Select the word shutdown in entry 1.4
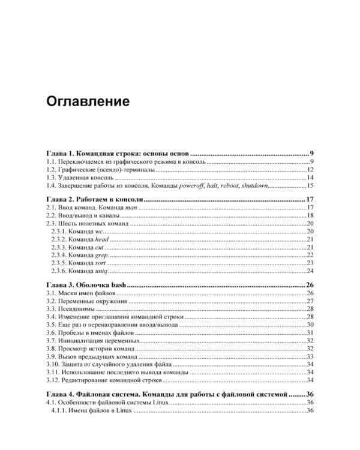pyautogui.click(x=253, y=185)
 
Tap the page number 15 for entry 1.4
pyautogui.click(x=310, y=185)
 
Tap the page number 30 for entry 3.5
pyautogui.click(x=310, y=324)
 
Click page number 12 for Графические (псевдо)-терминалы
pyautogui.click(x=310, y=170)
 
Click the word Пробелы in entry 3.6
pyautogui.click(x=75, y=332)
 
